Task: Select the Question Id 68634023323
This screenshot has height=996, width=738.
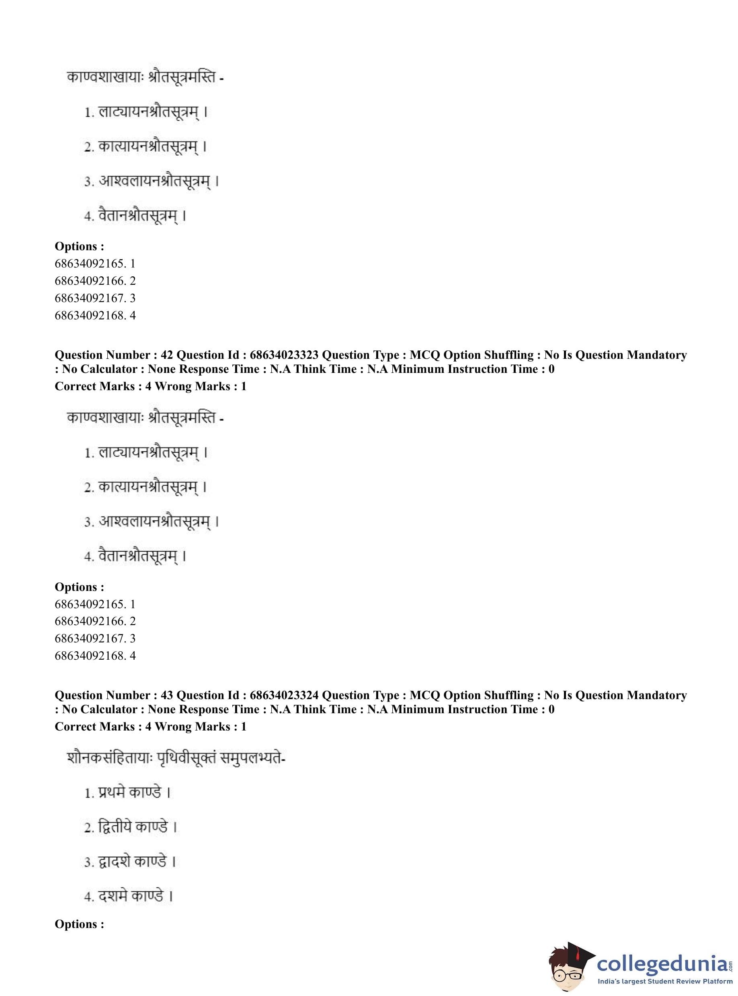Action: (284, 355)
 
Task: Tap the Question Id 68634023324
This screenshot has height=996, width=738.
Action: (284, 695)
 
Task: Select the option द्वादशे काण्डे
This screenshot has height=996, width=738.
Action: (132, 861)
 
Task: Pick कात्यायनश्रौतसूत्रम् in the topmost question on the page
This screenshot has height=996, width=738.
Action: (148, 147)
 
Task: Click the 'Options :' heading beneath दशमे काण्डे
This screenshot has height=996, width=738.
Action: (80, 924)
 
